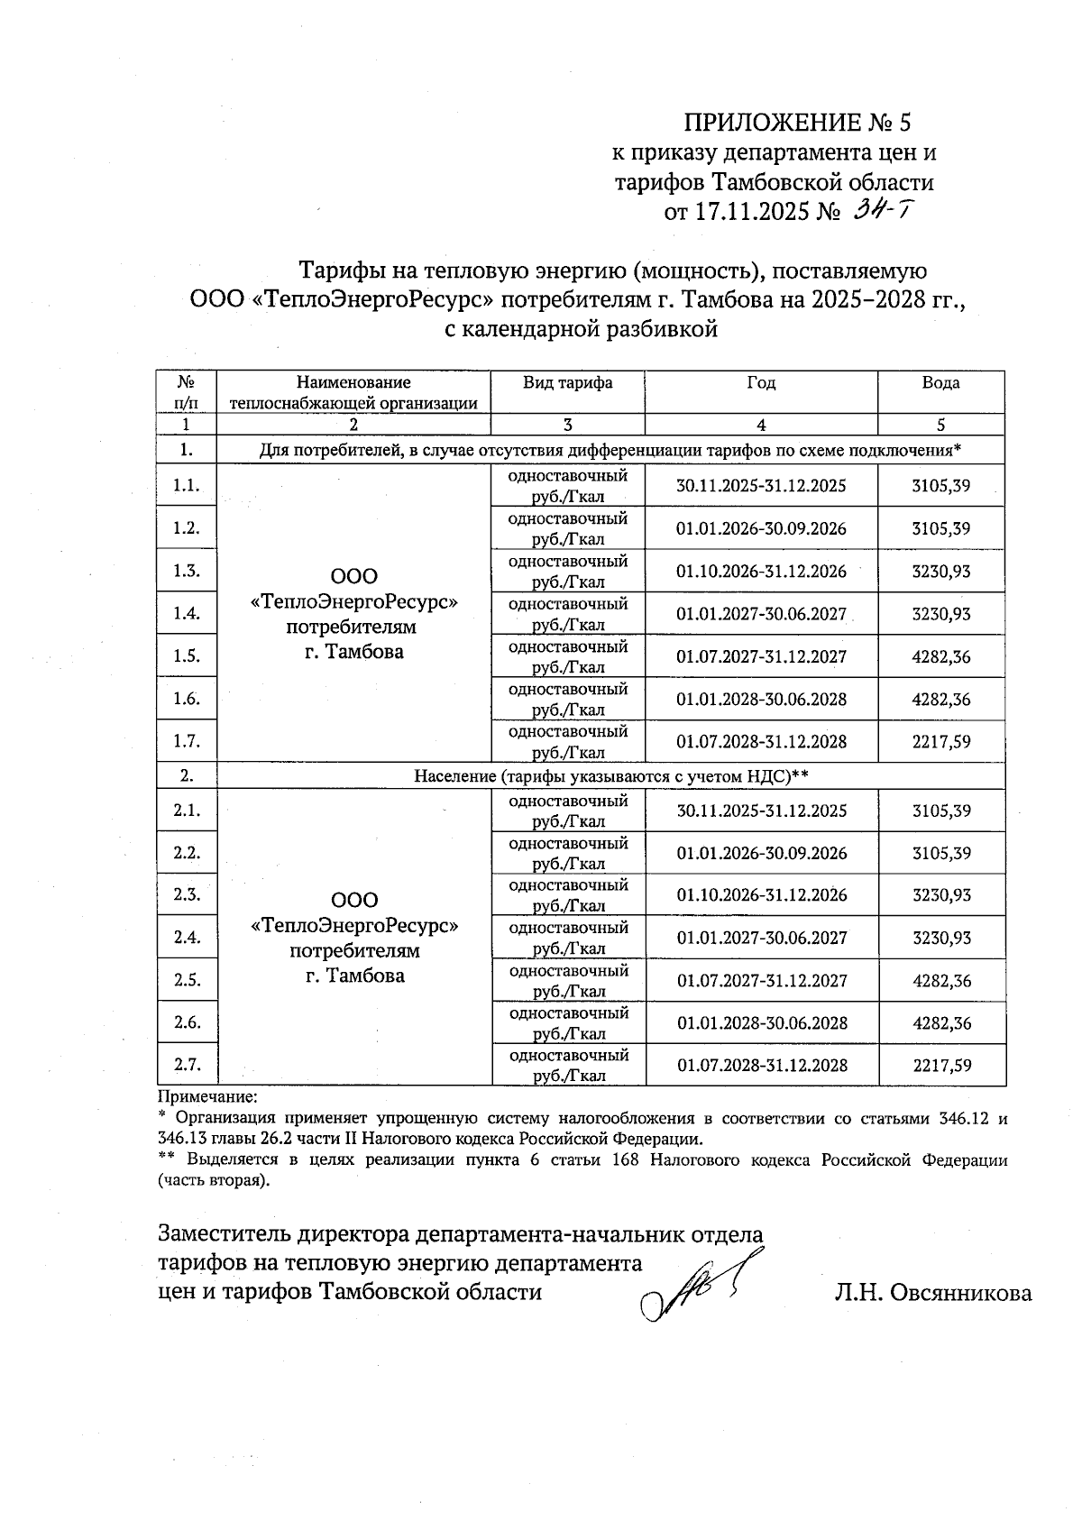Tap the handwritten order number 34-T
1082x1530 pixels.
click(x=886, y=211)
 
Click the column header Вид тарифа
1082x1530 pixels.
click(x=567, y=383)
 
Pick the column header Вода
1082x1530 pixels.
click(x=940, y=383)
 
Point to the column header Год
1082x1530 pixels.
click(x=761, y=383)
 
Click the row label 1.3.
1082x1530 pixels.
click(x=187, y=571)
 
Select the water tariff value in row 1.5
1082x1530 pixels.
click(x=941, y=656)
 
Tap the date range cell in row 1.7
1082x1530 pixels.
click(x=761, y=742)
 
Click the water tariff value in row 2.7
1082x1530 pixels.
click(x=942, y=1066)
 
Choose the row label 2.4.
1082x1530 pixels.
click(x=187, y=938)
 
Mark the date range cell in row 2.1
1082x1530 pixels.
click(x=762, y=811)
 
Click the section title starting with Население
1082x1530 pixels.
click(x=610, y=776)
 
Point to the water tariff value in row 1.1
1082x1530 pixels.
click(x=941, y=486)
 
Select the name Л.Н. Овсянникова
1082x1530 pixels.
click(x=933, y=1293)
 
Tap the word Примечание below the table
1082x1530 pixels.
click(x=207, y=1097)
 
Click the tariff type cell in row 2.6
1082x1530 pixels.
click(x=568, y=1023)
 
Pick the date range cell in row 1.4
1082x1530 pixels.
click(x=761, y=614)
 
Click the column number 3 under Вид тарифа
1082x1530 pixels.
click(x=567, y=425)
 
